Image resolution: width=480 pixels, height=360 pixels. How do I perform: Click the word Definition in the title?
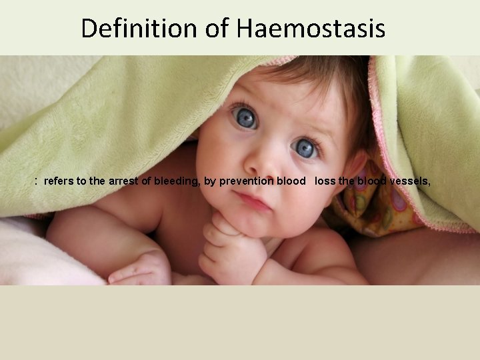point(138,29)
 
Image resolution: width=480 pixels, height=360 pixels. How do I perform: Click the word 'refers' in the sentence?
point(59,181)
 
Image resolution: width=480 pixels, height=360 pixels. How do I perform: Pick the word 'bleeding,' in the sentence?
point(177,181)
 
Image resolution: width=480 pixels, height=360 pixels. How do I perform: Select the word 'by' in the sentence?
point(209,181)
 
